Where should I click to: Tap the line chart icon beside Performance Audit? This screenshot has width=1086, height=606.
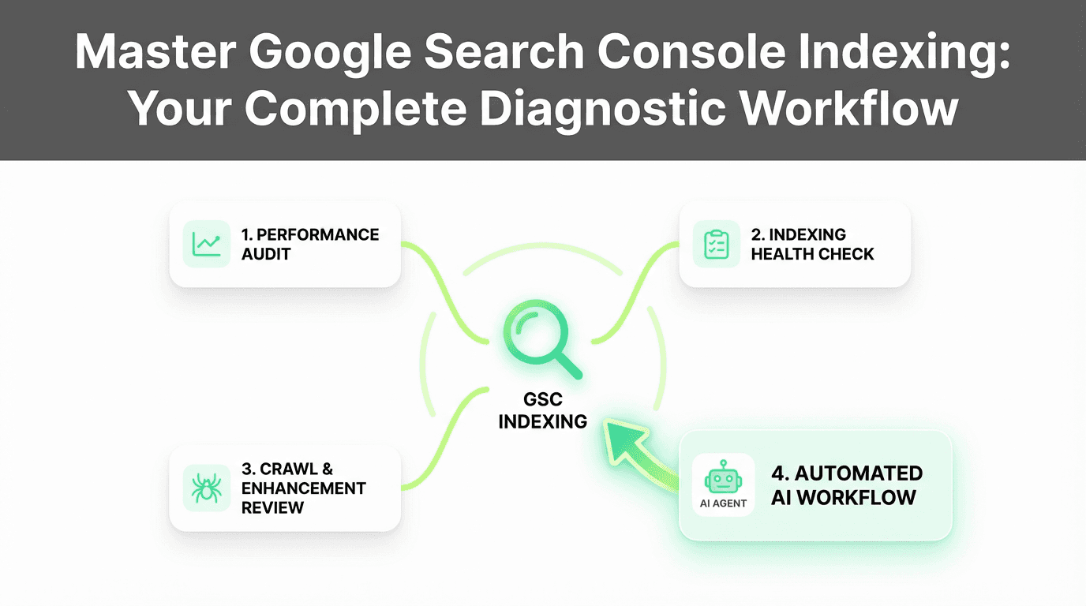coord(207,244)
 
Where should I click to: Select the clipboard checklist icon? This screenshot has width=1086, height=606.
coord(716,244)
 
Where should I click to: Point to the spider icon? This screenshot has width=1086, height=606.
coord(206,488)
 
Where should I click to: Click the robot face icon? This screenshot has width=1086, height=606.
coord(723,477)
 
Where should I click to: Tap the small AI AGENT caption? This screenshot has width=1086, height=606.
coord(723,503)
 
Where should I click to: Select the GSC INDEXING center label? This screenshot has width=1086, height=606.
coord(543,410)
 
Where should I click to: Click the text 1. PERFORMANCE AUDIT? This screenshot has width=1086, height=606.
coord(310,244)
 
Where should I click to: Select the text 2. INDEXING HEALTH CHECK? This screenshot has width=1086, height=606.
coord(812,244)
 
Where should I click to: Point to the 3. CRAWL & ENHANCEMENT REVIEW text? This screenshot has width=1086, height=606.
coord(303,488)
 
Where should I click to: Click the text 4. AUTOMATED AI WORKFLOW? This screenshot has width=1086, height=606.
coord(847,485)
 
